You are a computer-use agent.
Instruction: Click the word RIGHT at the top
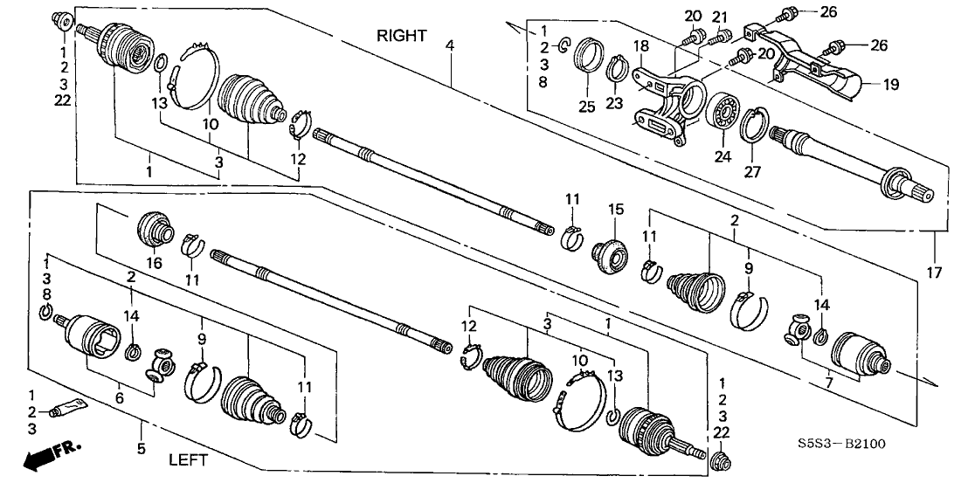(402, 36)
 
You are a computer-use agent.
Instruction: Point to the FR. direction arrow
(49, 456)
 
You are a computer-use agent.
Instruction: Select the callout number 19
(889, 85)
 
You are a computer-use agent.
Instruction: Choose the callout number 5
(142, 427)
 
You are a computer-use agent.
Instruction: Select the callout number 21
(720, 17)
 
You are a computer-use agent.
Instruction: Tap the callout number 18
(640, 45)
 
